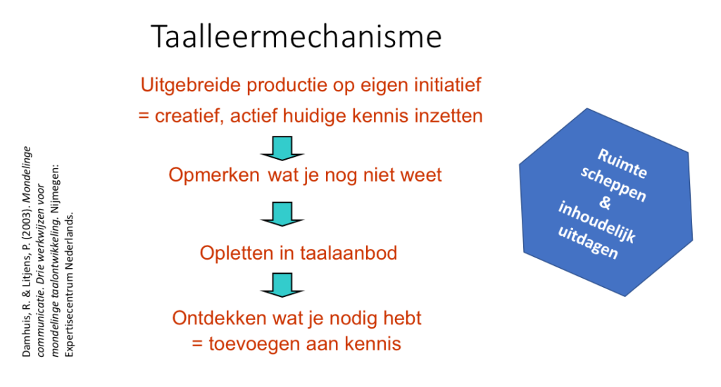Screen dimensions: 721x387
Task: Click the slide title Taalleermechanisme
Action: tap(296, 37)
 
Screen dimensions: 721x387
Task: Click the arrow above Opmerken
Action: tap(282, 148)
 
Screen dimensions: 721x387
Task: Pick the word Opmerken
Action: tap(214, 175)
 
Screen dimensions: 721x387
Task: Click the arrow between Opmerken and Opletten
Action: tap(282, 214)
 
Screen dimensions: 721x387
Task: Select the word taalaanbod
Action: tap(349, 253)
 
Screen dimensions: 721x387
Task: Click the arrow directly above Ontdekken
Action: tap(282, 285)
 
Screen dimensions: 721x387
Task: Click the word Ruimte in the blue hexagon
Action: tap(622, 163)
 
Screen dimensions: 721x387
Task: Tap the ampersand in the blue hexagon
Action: tap(605, 202)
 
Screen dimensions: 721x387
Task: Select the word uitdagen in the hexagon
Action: tap(588, 243)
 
